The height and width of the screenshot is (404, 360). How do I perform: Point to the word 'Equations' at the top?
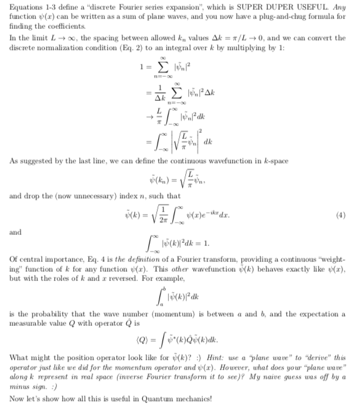pos(28,6)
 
